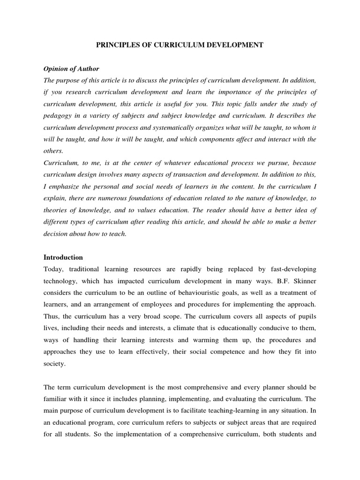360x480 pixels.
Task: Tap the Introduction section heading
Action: click(63, 257)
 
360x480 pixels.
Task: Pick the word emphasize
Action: click(66, 187)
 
